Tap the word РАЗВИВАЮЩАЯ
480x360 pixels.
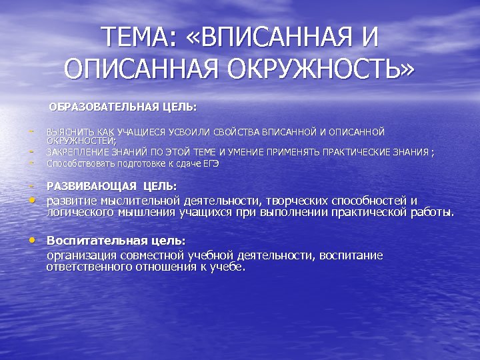91,187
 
